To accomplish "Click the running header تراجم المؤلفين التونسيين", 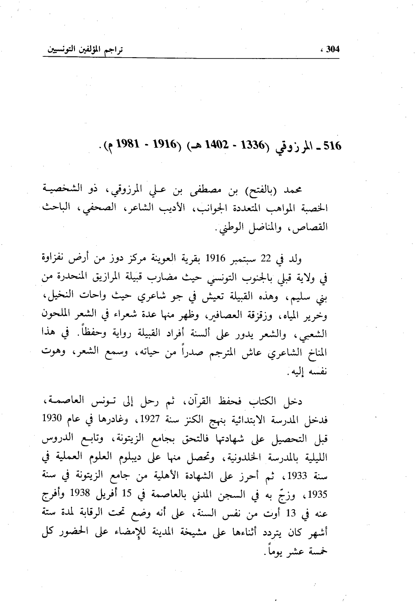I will tap(85, 49).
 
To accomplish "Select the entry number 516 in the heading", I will tap(332, 145).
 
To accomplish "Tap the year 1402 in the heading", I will tap(207, 145).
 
